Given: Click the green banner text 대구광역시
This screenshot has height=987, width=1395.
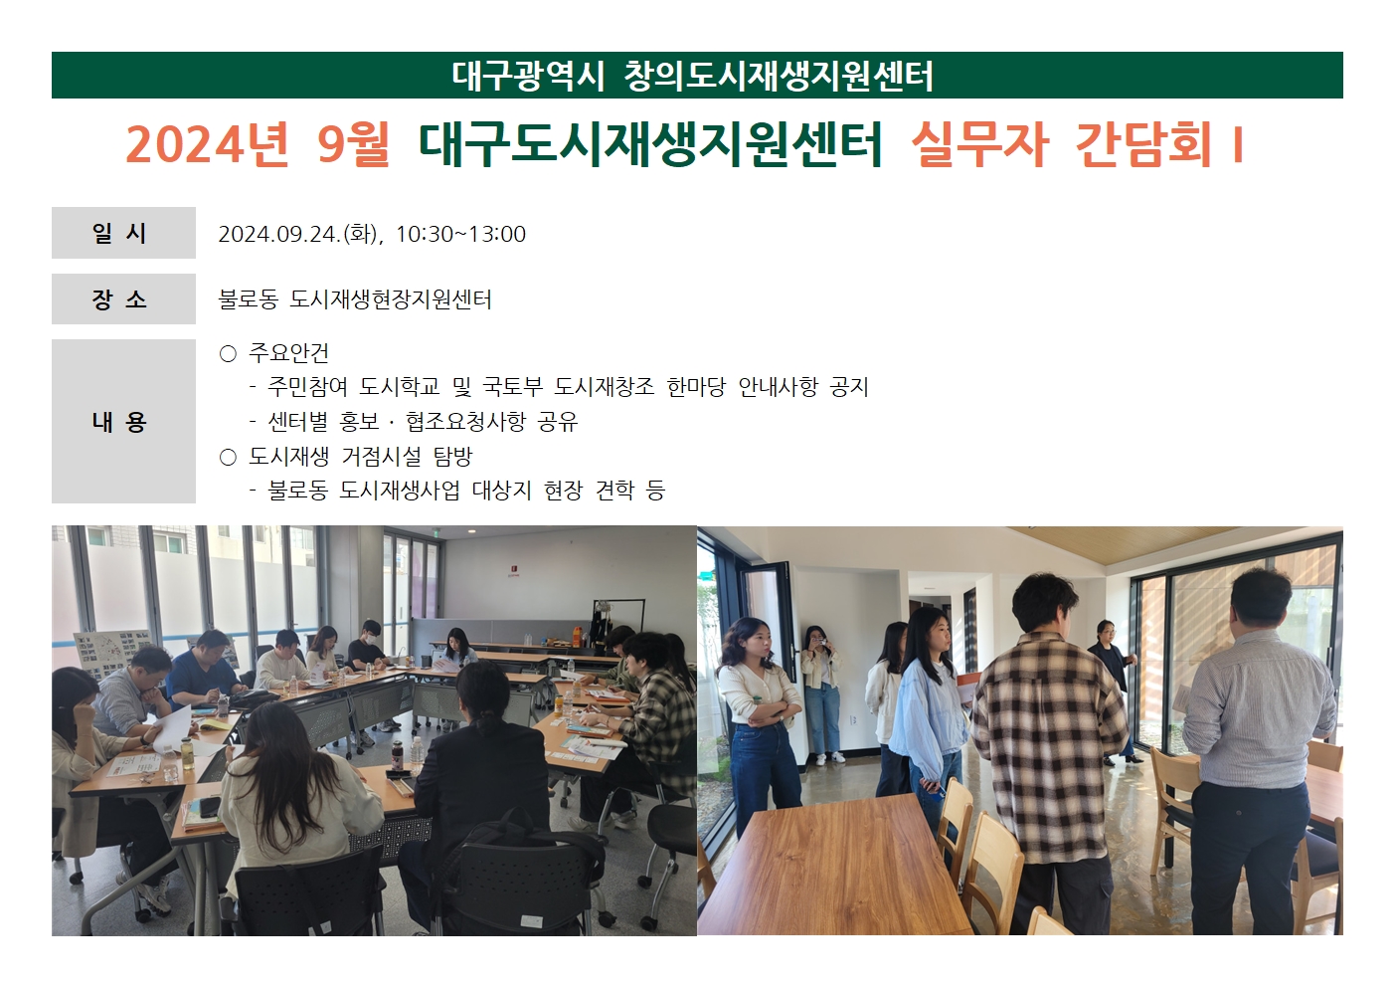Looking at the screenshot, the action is [528, 76].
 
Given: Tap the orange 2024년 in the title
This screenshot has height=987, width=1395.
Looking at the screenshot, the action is [208, 144].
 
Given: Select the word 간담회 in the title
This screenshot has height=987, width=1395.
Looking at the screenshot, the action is [1143, 144].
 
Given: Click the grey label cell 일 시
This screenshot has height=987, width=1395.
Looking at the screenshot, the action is [123, 233].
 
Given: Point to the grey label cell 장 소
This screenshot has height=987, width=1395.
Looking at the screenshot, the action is [123, 299].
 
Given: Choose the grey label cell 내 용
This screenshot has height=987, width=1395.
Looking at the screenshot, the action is [123, 421].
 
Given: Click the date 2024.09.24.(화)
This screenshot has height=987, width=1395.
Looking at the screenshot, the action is [298, 234].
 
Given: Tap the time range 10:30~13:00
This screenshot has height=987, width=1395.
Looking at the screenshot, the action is [460, 234].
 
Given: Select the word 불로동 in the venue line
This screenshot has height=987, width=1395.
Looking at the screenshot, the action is [248, 299].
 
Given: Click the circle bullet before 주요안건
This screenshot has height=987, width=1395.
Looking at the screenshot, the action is [228, 354].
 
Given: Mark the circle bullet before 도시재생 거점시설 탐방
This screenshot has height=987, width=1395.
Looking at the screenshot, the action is [228, 458].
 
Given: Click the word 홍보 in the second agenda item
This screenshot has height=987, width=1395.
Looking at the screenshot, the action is [359, 422].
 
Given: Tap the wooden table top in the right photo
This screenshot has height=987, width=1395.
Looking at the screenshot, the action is [828, 867].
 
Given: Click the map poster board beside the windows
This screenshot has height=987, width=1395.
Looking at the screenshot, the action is [112, 655].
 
